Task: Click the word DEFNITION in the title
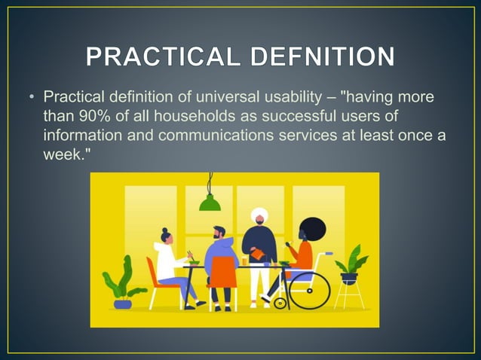click(x=316, y=57)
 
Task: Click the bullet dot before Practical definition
click(x=32, y=98)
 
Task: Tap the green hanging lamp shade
click(x=210, y=203)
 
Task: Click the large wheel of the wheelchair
click(x=309, y=289)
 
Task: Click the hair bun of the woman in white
click(x=166, y=230)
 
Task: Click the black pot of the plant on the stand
click(x=348, y=277)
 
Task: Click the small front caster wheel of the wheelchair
click(x=280, y=304)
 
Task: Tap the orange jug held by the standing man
click(x=258, y=256)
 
